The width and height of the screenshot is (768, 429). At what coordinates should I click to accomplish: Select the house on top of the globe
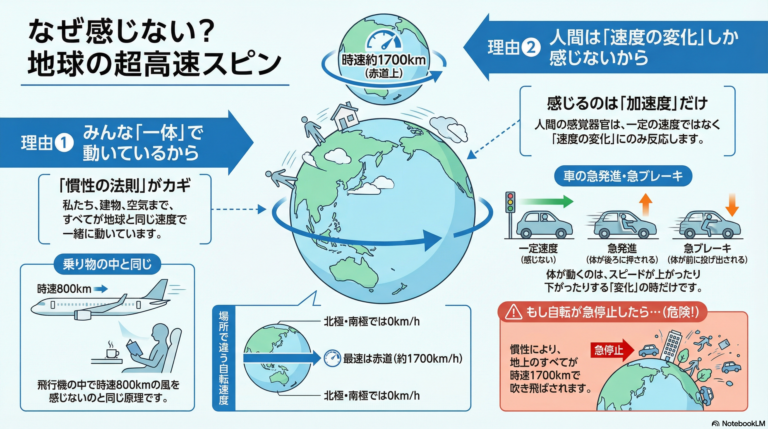click(x=345, y=117)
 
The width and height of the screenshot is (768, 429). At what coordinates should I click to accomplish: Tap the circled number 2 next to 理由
click(x=531, y=48)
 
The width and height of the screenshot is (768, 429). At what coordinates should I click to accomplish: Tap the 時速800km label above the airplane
click(x=64, y=289)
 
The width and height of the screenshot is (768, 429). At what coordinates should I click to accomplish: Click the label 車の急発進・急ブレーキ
click(x=623, y=176)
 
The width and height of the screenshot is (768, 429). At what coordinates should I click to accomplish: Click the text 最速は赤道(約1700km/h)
click(x=402, y=358)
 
